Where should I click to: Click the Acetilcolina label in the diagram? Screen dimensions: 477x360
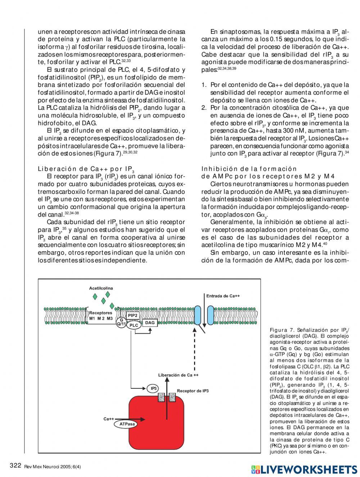pos(101,288)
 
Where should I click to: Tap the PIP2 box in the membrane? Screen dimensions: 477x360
pos(133,316)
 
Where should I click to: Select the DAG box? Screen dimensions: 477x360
pos(150,323)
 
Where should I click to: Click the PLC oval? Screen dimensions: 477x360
pos(134,325)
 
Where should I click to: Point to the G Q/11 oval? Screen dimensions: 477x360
pos(121,322)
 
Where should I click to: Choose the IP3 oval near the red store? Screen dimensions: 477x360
pos(153,388)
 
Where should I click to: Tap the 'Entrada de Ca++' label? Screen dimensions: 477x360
pos(223,296)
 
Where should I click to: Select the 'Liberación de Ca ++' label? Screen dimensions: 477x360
pos(178,375)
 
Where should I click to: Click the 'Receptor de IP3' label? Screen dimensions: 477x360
pos(193,391)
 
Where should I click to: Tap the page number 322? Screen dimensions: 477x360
pos(15,465)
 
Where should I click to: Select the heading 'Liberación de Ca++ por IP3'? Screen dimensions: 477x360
pos(86,169)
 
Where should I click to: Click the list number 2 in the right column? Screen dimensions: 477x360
pos(204,108)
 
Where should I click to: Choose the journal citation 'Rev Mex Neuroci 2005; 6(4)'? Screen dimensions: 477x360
pos(53,467)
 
